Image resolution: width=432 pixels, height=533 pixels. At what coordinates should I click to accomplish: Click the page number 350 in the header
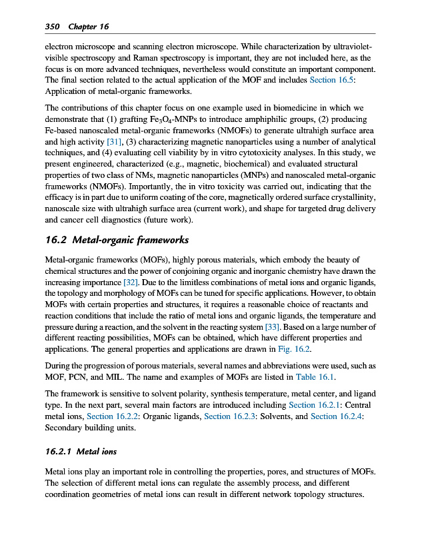click(x=52, y=27)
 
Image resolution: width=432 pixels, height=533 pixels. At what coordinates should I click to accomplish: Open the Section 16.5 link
click(x=333, y=80)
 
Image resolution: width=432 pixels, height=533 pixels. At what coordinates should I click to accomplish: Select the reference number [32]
click(x=127, y=282)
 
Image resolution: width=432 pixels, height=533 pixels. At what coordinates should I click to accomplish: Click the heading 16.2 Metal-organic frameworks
click(x=117, y=240)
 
